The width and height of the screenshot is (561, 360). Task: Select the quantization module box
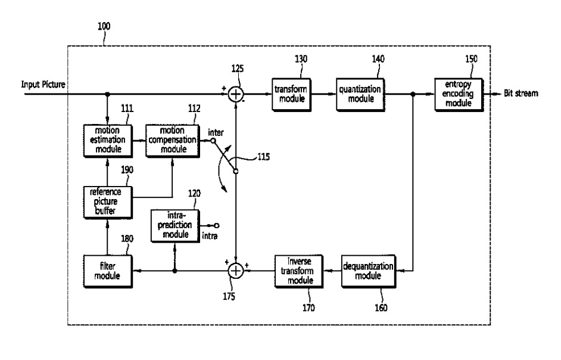coord(359,94)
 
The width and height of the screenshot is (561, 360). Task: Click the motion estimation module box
coord(108,139)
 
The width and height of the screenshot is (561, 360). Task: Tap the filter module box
coord(108,271)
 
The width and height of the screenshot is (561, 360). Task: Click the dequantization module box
coord(369,271)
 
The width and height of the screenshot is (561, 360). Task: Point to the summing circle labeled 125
coord(236,94)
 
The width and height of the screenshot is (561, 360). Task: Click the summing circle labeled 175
coord(236,271)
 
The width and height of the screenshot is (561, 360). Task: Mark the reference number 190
coord(127,170)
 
